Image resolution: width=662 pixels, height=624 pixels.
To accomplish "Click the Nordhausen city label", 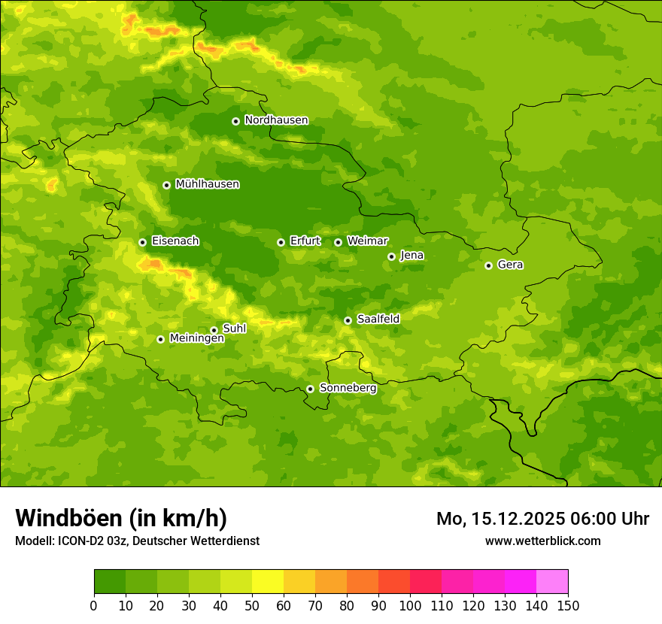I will pyautogui.click(x=276, y=120).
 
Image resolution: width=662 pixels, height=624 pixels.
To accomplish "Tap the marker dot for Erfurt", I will pyautogui.click(x=281, y=242).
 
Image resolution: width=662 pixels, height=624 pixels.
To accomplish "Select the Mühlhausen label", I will pyautogui.click(x=207, y=184).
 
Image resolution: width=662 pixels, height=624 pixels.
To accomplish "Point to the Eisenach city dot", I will pyautogui.click(x=142, y=242).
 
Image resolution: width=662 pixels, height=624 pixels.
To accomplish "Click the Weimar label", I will pyautogui.click(x=367, y=241).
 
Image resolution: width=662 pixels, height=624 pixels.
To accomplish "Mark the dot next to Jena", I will pyautogui.click(x=391, y=256).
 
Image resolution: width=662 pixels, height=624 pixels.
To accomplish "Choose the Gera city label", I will pyautogui.click(x=510, y=265).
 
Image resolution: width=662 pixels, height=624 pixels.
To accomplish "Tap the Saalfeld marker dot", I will pyautogui.click(x=348, y=320).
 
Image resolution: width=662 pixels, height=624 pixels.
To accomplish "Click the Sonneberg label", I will pyautogui.click(x=348, y=388).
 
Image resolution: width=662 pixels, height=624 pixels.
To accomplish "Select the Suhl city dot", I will pyautogui.click(x=214, y=330).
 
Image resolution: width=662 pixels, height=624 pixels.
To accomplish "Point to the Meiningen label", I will pyautogui.click(x=196, y=338).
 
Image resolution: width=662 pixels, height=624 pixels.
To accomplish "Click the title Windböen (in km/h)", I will pyautogui.click(x=120, y=518).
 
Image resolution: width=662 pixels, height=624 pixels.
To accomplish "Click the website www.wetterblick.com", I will pyautogui.click(x=542, y=541).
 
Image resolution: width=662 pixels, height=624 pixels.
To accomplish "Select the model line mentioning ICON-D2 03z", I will pyautogui.click(x=137, y=541).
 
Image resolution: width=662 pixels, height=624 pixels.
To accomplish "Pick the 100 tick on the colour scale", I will pyautogui.click(x=410, y=604).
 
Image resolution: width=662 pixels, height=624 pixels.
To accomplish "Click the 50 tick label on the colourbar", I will pyautogui.click(x=252, y=604).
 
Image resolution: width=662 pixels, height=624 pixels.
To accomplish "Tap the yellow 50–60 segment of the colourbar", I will pyautogui.click(x=268, y=581).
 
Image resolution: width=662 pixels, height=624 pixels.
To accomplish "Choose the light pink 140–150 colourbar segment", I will pyautogui.click(x=552, y=581).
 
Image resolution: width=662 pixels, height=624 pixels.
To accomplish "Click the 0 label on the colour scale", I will pyautogui.click(x=93, y=604).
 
